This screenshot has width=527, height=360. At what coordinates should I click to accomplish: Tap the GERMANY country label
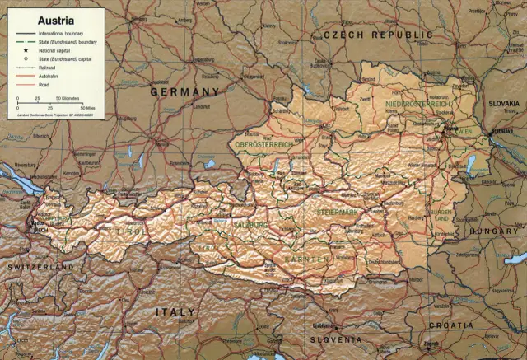(x=184, y=92)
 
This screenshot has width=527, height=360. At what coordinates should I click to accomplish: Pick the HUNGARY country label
(x=494, y=231)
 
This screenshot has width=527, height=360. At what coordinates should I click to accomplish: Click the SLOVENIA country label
(x=337, y=339)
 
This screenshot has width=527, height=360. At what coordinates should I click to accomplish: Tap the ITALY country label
(x=175, y=312)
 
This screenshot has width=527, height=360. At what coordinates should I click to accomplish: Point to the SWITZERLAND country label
(x=40, y=268)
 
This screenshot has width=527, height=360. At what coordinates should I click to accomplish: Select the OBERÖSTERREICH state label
(x=264, y=144)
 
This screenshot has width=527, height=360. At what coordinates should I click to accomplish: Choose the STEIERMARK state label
(x=338, y=212)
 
